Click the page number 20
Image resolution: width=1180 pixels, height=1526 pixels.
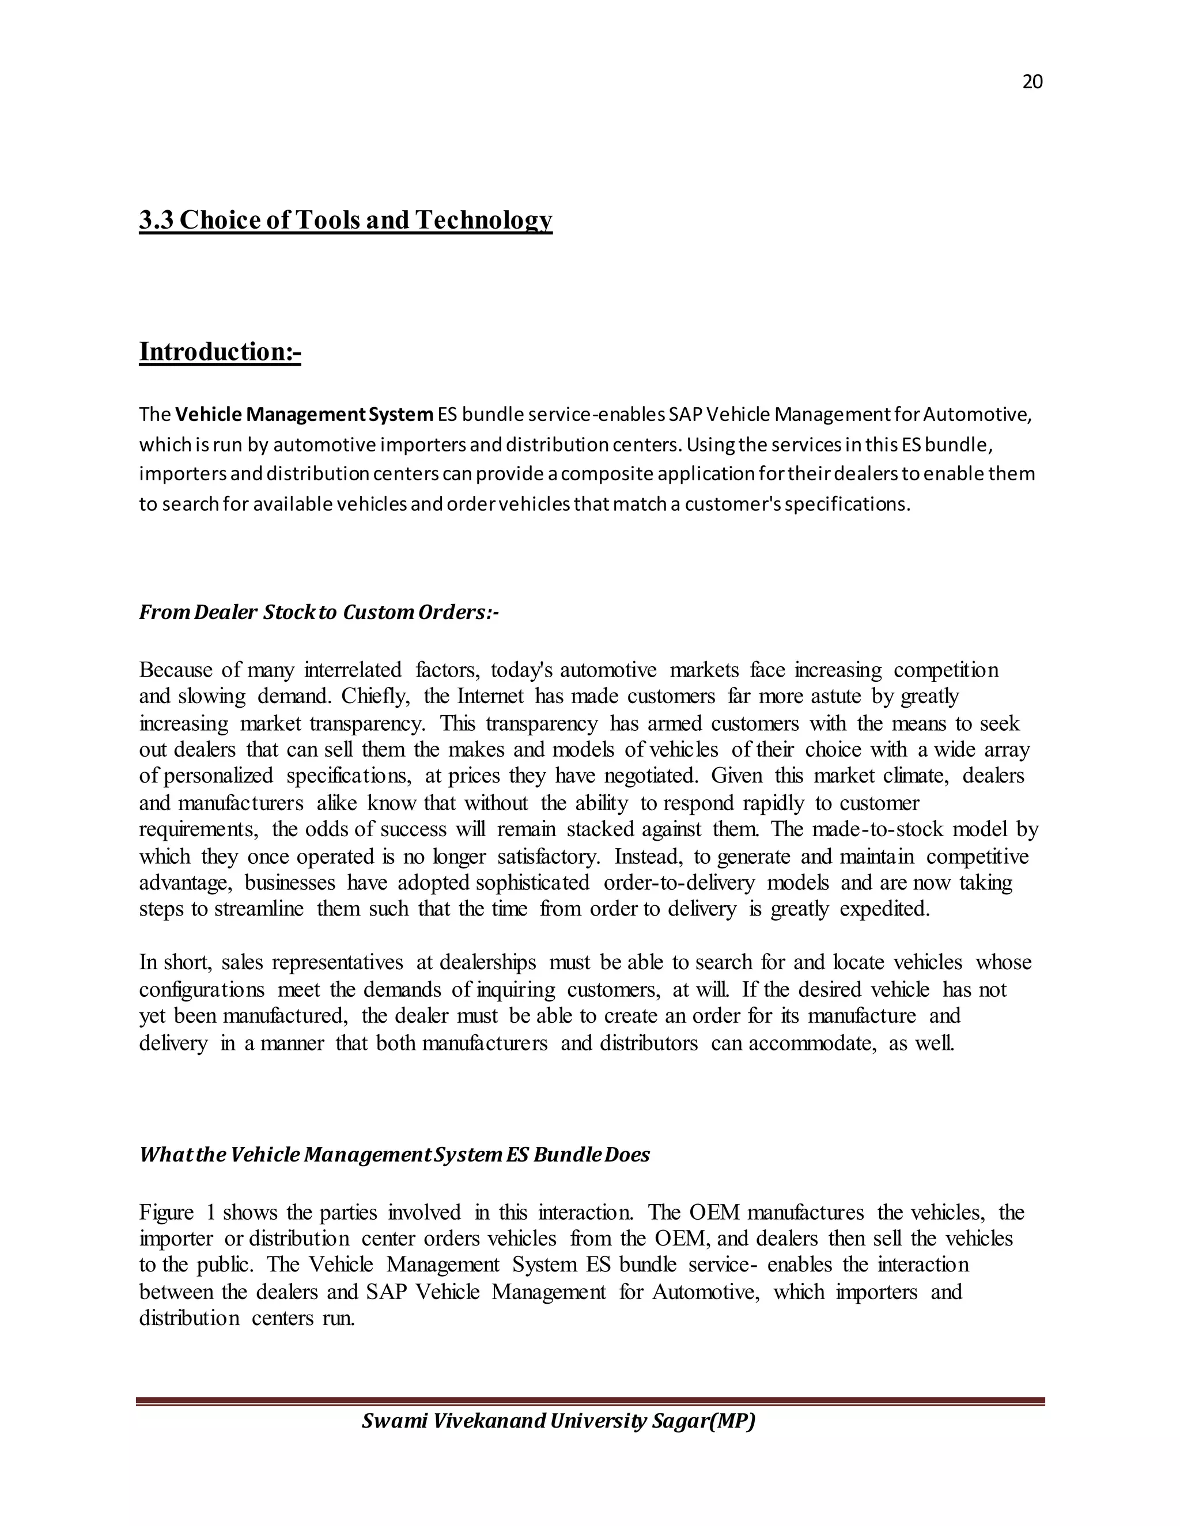point(1032,82)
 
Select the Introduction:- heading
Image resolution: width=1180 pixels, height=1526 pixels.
point(220,351)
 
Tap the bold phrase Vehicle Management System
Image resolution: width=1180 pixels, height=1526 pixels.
point(304,415)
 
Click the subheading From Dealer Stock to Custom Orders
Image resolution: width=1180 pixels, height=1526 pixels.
point(318,612)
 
